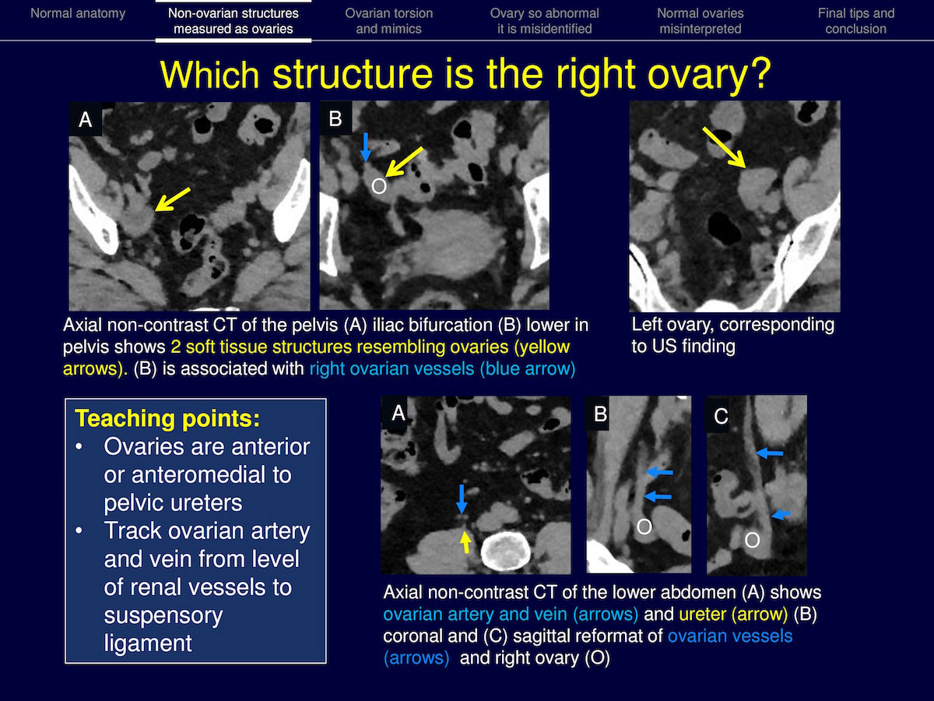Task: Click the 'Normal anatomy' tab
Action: point(78,13)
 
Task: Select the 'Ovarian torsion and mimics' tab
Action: point(389,21)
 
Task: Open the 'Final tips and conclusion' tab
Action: point(856,21)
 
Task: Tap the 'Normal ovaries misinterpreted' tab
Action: point(700,21)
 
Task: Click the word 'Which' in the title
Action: point(210,75)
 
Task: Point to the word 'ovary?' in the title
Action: point(709,76)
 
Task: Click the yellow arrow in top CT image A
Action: point(172,199)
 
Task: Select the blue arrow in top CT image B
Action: point(365,147)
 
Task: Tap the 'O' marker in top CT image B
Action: point(379,186)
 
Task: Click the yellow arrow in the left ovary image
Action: point(724,147)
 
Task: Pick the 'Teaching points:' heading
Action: point(167,418)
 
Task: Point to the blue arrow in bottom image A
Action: point(462,499)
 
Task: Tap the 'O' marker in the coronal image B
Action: point(644,527)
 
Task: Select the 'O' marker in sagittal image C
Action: point(752,540)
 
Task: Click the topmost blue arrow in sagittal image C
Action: point(769,453)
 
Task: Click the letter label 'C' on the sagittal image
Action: point(721,416)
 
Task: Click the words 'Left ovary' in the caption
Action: point(671,325)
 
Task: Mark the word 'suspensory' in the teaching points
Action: point(163,615)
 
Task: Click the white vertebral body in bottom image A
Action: point(506,551)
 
